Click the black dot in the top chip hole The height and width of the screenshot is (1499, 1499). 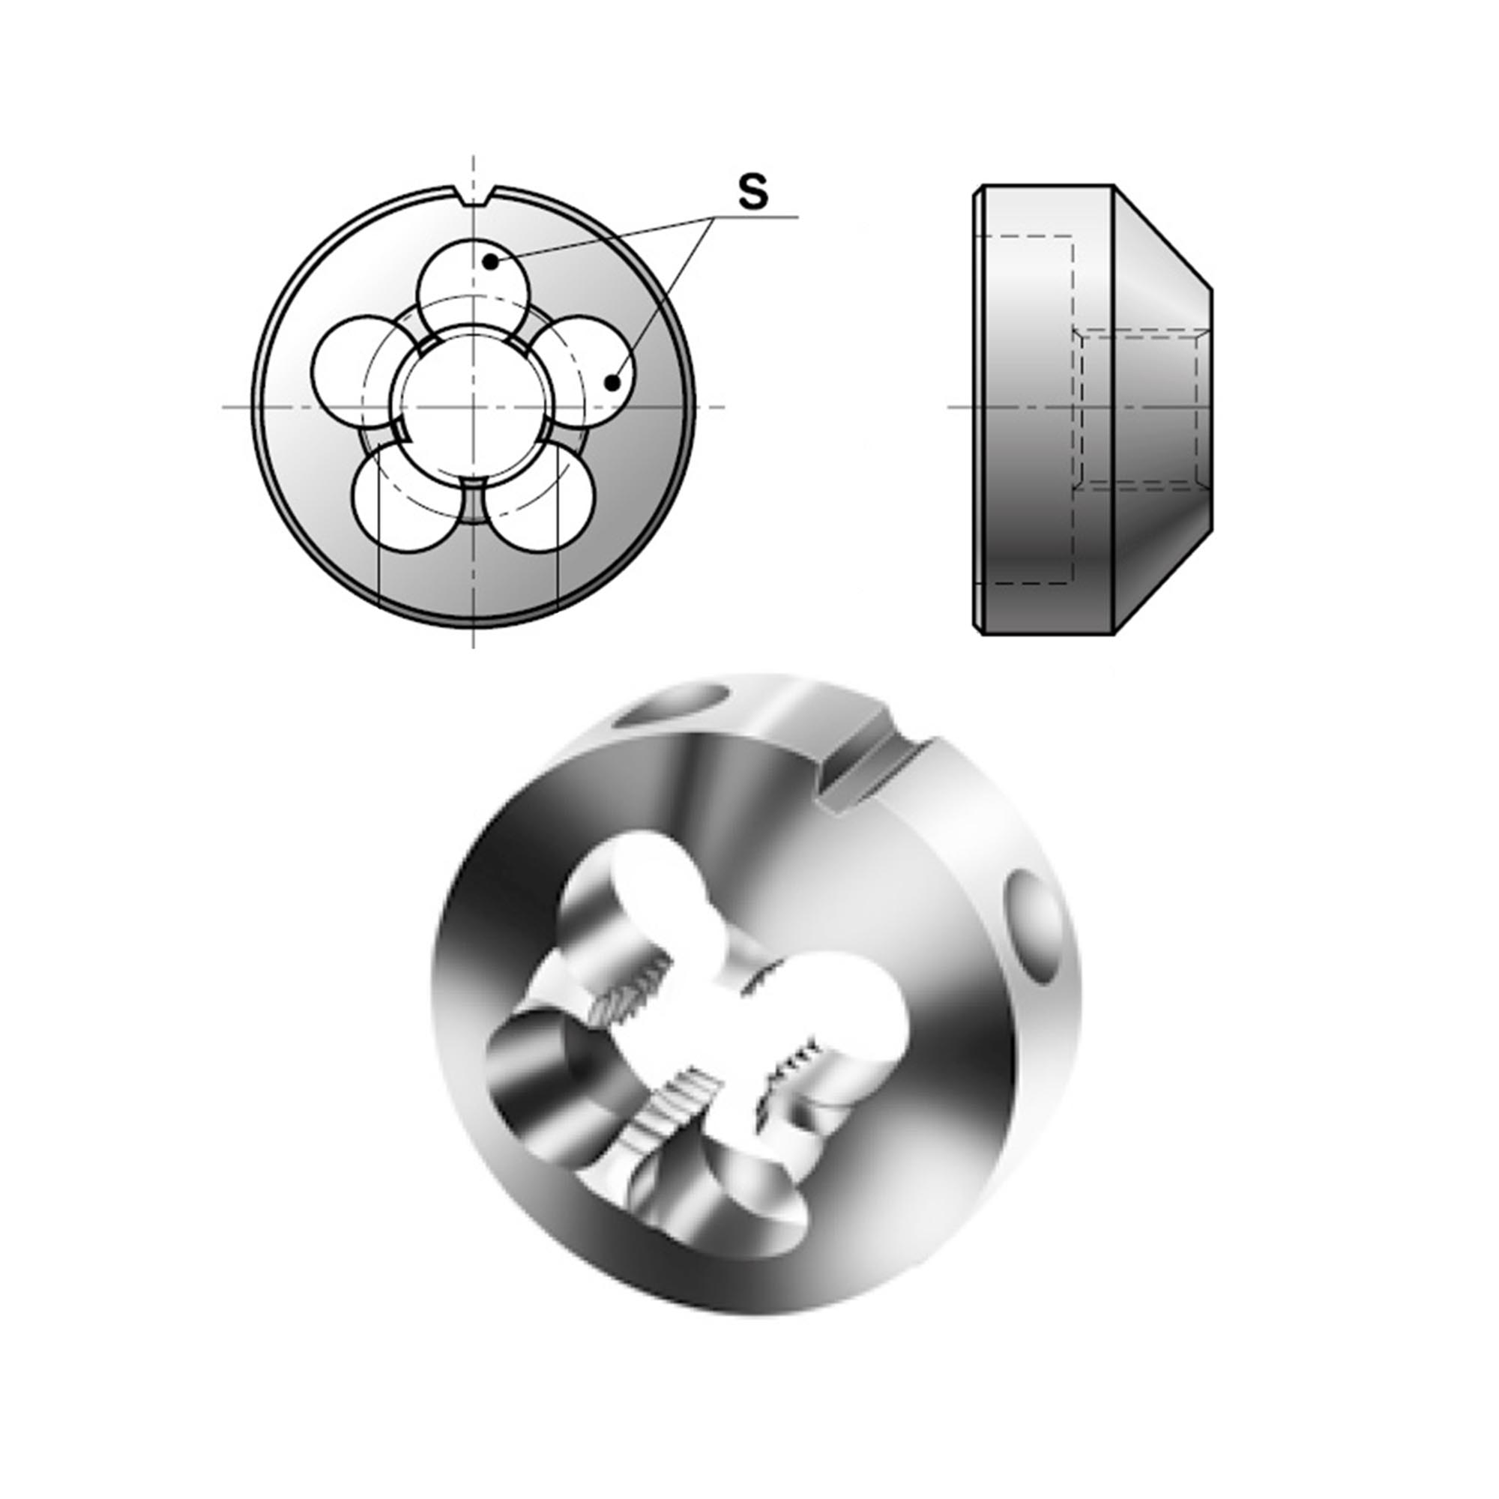[490, 262]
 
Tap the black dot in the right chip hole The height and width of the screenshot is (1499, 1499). [613, 382]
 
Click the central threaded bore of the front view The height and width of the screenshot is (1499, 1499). [473, 406]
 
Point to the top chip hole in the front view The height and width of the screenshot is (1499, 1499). [473, 280]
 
